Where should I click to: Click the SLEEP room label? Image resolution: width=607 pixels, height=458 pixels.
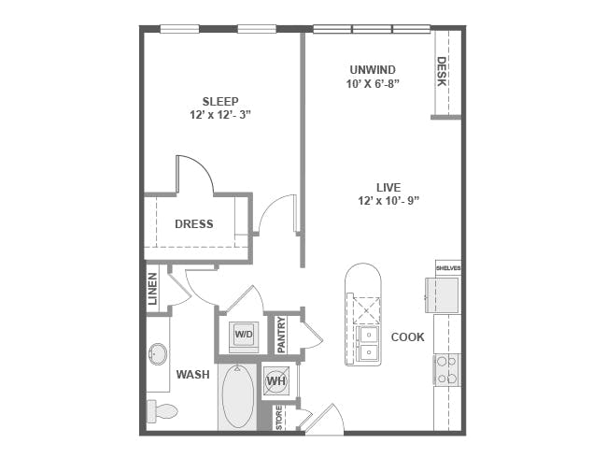click(220, 101)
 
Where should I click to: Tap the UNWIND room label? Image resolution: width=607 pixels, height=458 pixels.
click(373, 69)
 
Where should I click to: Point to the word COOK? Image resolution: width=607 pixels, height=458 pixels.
click(408, 336)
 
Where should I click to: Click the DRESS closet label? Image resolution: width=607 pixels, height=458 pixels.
click(193, 224)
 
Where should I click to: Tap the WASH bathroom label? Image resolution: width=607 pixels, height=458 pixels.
click(192, 375)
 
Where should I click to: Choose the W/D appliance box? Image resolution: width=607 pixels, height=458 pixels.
click(244, 334)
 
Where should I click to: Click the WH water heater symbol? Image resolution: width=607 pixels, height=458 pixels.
click(276, 380)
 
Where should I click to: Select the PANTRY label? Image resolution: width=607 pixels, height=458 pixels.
click(281, 335)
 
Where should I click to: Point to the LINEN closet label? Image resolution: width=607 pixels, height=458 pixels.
click(153, 289)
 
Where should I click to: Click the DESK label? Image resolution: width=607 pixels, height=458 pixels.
click(442, 72)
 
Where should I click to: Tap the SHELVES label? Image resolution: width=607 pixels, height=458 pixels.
click(448, 268)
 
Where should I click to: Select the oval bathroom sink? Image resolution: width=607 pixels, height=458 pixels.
click(158, 354)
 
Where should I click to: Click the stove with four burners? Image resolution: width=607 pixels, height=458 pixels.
click(446, 369)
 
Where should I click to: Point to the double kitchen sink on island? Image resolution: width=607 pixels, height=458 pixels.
click(363, 343)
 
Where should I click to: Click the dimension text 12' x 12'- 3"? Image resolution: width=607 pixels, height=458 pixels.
click(220, 115)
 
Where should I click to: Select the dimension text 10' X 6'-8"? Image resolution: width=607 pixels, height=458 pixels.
click(373, 83)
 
